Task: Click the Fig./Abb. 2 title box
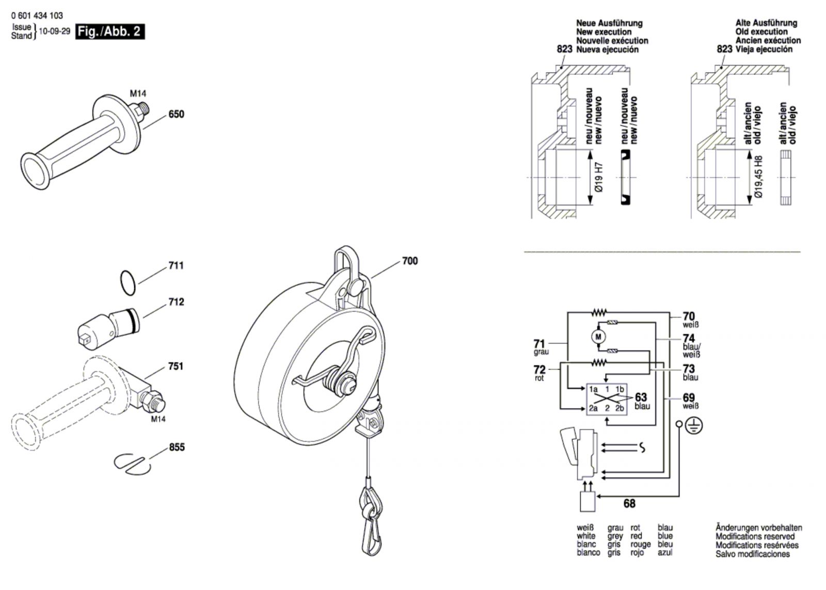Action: click(110, 31)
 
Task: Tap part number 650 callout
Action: click(176, 114)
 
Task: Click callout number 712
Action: click(176, 302)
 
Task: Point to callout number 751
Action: click(176, 366)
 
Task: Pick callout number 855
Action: click(177, 447)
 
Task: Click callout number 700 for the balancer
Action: click(410, 261)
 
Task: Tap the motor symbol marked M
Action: click(598, 337)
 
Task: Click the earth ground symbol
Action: click(694, 426)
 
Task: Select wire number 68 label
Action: click(629, 504)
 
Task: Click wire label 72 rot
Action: click(539, 373)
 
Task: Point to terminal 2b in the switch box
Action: click(619, 408)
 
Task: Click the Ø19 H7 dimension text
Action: click(600, 178)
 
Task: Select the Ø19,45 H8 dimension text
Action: click(758, 177)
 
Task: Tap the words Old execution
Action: click(761, 31)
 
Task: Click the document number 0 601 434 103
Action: click(37, 15)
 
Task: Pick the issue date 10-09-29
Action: click(54, 31)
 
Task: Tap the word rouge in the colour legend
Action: click(641, 545)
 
